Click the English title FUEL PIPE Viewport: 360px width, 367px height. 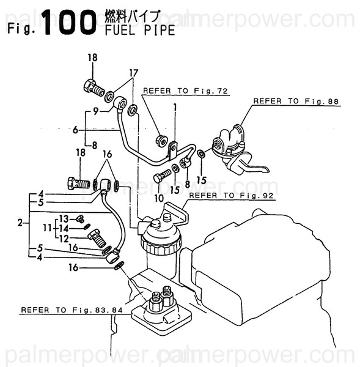(139, 30)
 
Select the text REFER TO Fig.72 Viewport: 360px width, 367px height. (185, 91)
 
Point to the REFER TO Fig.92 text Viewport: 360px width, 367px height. (232, 196)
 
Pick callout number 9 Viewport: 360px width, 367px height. (95, 112)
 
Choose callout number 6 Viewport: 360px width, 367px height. (75, 130)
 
